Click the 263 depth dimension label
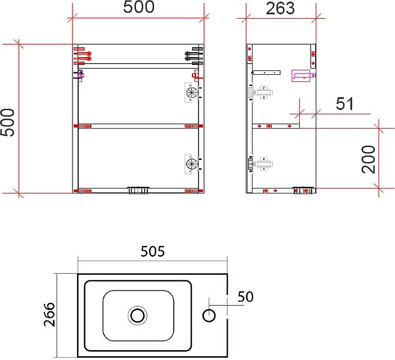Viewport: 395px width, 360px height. coord(280,8)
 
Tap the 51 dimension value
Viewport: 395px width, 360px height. coord(344,104)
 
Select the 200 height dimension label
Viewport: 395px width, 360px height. coord(368,159)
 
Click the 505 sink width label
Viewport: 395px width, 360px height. coord(152,251)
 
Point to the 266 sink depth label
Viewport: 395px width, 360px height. coord(49,314)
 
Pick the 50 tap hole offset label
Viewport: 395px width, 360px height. coord(245,297)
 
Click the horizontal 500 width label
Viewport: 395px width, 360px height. coord(139,7)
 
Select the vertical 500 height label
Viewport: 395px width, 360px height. coord(8,123)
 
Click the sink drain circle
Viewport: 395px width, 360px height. coord(138,315)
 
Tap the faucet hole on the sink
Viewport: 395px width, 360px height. coord(209,315)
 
